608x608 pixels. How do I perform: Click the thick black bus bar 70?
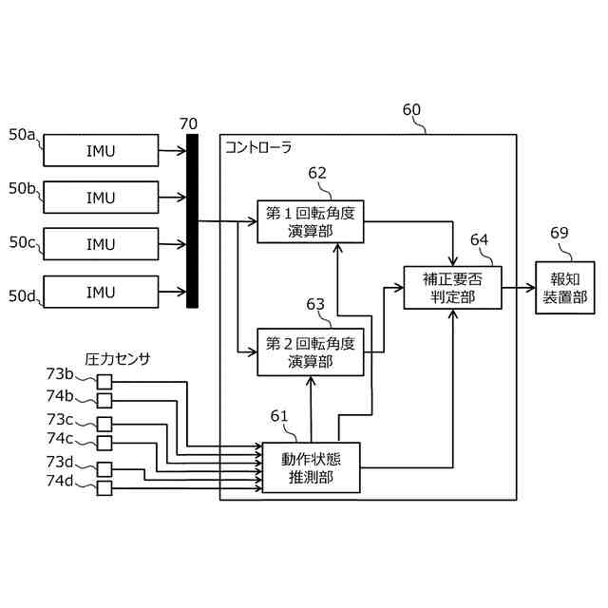pos(192,221)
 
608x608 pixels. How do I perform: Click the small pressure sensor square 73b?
pos(104,382)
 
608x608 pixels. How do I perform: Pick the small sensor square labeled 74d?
pos(104,488)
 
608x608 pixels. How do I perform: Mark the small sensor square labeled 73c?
pos(104,425)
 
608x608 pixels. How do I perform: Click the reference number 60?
pos(411,110)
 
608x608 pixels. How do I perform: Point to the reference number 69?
pos(560,233)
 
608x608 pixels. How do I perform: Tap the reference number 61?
pos(279,416)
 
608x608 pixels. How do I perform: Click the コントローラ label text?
pos(258,147)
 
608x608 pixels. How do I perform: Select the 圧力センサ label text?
pos(118,359)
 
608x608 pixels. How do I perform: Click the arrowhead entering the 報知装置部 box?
pos(531,288)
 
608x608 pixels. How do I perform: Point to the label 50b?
pos(22,188)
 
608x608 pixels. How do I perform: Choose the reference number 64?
pos(479,240)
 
